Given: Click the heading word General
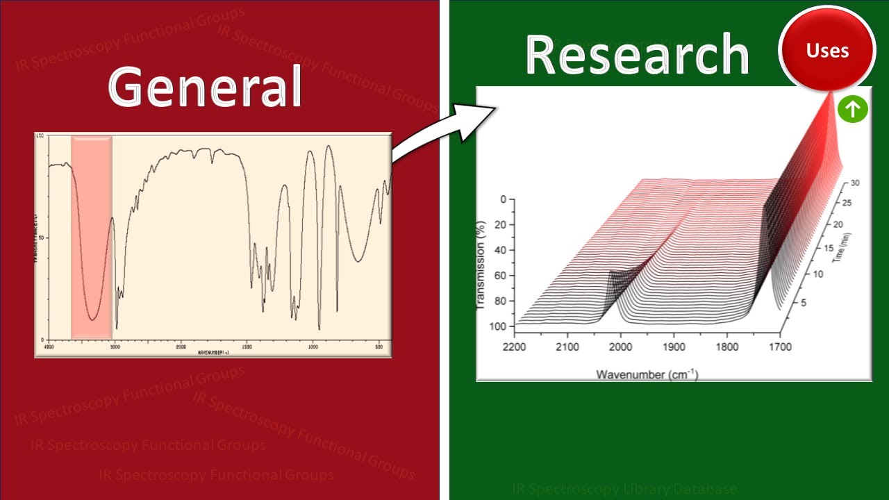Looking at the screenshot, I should click(x=205, y=87).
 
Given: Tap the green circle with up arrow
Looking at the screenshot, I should click(x=853, y=109).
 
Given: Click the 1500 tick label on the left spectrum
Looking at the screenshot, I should click(x=247, y=345).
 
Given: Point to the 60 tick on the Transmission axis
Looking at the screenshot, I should click(x=499, y=276).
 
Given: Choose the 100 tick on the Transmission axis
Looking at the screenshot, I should click(x=496, y=326).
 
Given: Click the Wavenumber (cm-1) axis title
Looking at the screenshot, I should click(x=647, y=374).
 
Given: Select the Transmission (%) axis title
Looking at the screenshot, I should click(x=481, y=265).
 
